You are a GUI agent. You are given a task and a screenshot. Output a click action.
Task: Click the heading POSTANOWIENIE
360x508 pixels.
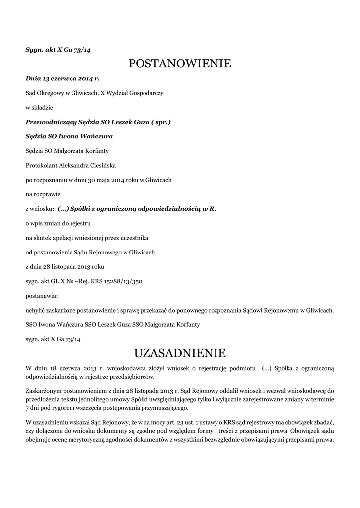[180, 63]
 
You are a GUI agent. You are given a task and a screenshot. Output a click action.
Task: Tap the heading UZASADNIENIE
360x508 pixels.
[180, 353]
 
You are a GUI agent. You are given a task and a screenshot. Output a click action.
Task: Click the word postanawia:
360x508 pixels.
[41, 296]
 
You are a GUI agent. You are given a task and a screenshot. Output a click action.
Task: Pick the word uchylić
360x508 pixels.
[35, 311]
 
